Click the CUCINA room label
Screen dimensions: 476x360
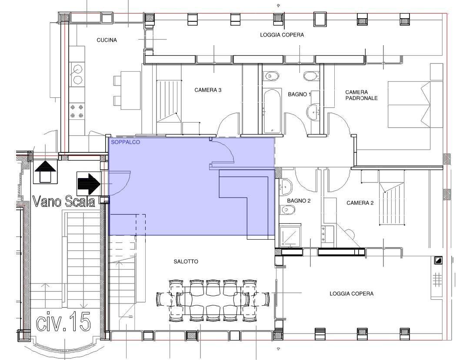107,40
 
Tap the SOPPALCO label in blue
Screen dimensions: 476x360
125,142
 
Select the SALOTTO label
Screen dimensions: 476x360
186,261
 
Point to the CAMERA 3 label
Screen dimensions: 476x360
208,90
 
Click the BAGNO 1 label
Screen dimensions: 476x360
300,94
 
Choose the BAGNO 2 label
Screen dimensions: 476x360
299,201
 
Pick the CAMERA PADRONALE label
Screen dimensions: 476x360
361,95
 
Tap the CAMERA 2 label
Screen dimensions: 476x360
360,203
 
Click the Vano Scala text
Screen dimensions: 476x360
63,201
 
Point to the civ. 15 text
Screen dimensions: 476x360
63,321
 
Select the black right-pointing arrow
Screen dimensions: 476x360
89,183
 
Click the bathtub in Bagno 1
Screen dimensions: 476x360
272,111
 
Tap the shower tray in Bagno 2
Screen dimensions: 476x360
290,235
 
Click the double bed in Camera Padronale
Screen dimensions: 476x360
409,104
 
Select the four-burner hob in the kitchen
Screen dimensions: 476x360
77,111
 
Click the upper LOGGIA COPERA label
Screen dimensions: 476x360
282,35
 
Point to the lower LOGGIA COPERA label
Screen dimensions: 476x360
352,294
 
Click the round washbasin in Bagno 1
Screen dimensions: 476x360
313,112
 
